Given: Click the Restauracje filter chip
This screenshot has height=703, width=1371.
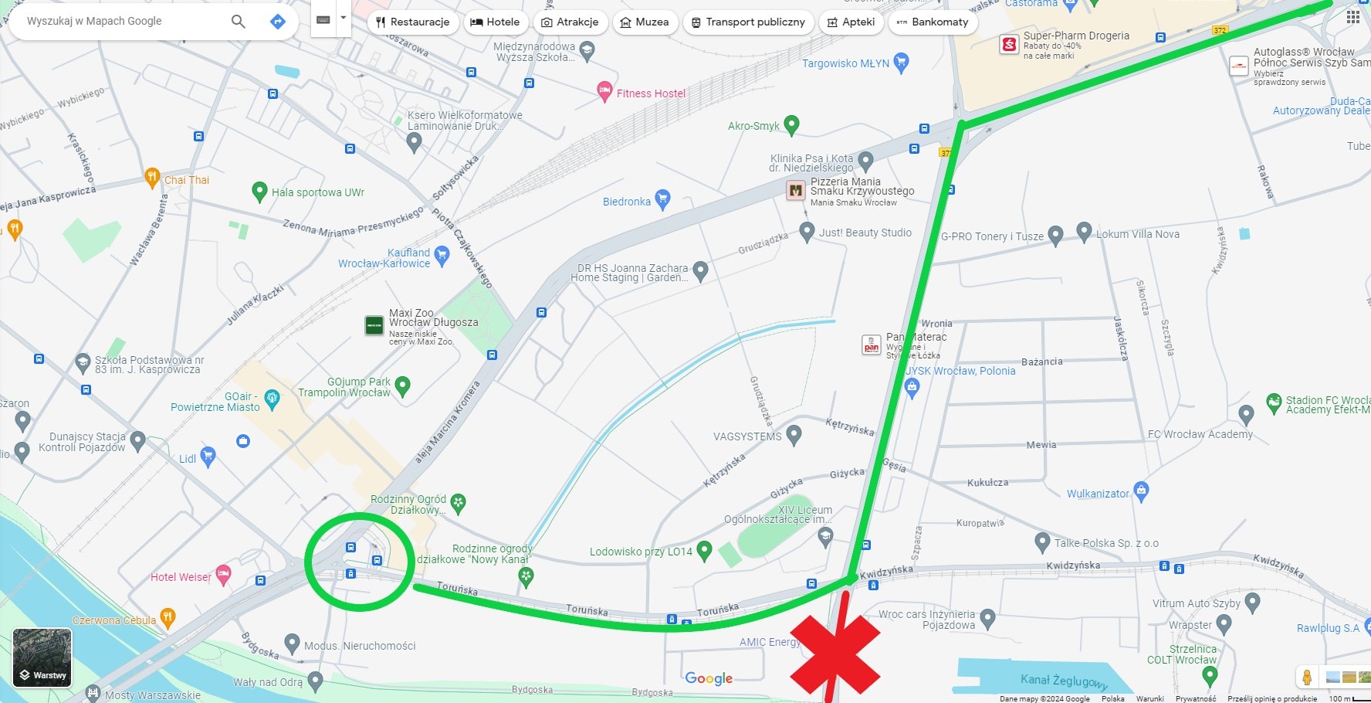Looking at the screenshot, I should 413,22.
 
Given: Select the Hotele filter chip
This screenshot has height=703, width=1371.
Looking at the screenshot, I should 495,22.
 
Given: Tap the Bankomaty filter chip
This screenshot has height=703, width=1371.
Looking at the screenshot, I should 933,22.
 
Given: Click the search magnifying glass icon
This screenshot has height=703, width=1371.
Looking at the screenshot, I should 239,22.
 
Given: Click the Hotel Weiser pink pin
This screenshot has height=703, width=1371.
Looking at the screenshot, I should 223,573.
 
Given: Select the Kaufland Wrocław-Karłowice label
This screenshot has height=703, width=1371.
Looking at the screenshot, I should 384,258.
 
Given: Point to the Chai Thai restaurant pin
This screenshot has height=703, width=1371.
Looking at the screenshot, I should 152,178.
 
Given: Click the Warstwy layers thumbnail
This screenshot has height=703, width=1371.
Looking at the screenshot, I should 42,657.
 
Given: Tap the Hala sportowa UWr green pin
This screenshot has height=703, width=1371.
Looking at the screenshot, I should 259,191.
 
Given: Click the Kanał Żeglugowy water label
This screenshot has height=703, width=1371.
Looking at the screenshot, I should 1064,681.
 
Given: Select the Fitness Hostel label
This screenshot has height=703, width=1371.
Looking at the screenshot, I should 651,93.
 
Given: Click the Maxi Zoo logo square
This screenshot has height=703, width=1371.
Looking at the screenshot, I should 374,325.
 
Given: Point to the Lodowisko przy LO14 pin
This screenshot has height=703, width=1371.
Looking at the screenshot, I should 703,550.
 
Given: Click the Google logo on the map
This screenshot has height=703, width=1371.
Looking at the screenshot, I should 709,678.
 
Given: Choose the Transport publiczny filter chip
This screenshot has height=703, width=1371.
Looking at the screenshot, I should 748,22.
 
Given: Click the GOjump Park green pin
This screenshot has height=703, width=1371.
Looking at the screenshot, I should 402,385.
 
